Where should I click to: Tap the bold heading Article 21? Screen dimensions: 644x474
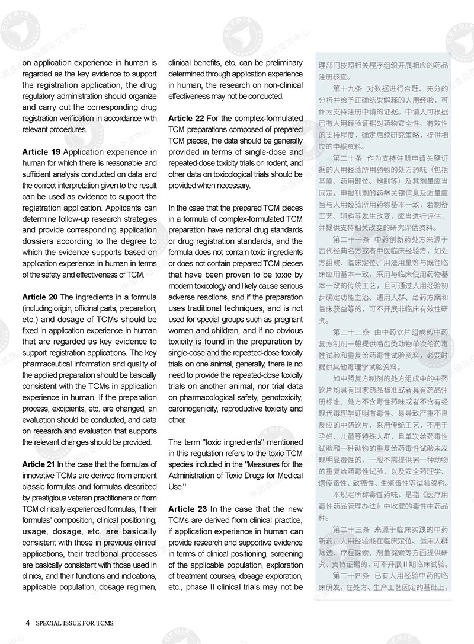point(40,463)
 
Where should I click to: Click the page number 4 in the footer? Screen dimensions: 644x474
point(28,623)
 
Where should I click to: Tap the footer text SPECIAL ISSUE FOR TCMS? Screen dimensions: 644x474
point(75,623)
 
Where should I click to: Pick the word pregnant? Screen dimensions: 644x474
point(285,320)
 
